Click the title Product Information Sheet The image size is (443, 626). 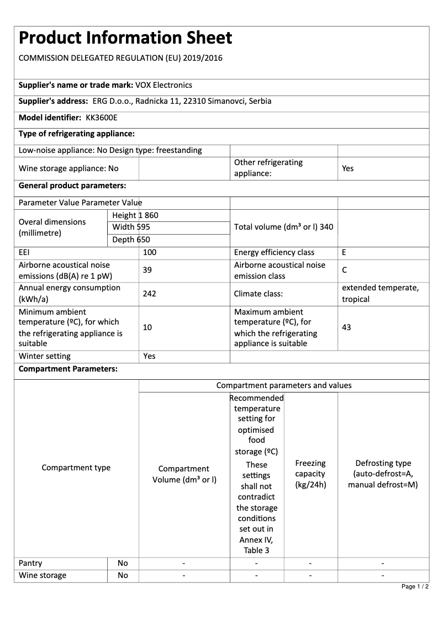coord(125,38)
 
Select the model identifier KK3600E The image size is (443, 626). coord(102,118)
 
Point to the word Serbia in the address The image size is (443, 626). coord(260,101)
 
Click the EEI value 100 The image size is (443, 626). coord(150,252)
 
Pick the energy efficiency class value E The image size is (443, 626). coord(344,252)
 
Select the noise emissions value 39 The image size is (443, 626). coord(147,270)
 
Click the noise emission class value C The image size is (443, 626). coord(344,270)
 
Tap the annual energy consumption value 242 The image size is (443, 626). coord(149,294)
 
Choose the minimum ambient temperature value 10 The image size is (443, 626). coord(147,327)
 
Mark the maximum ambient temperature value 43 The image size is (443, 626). coord(346,327)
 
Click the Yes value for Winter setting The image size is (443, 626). coord(149,356)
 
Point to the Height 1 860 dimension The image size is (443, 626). coord(135,215)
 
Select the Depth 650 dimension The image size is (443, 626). coord(131,240)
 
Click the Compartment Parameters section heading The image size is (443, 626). coord(68,369)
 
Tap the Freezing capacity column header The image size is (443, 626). coord(310,474)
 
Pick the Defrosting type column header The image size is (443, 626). coord(383,474)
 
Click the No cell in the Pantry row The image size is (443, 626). coord(123,563)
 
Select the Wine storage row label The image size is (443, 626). coord(43,575)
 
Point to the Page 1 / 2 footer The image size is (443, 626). coord(415,586)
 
